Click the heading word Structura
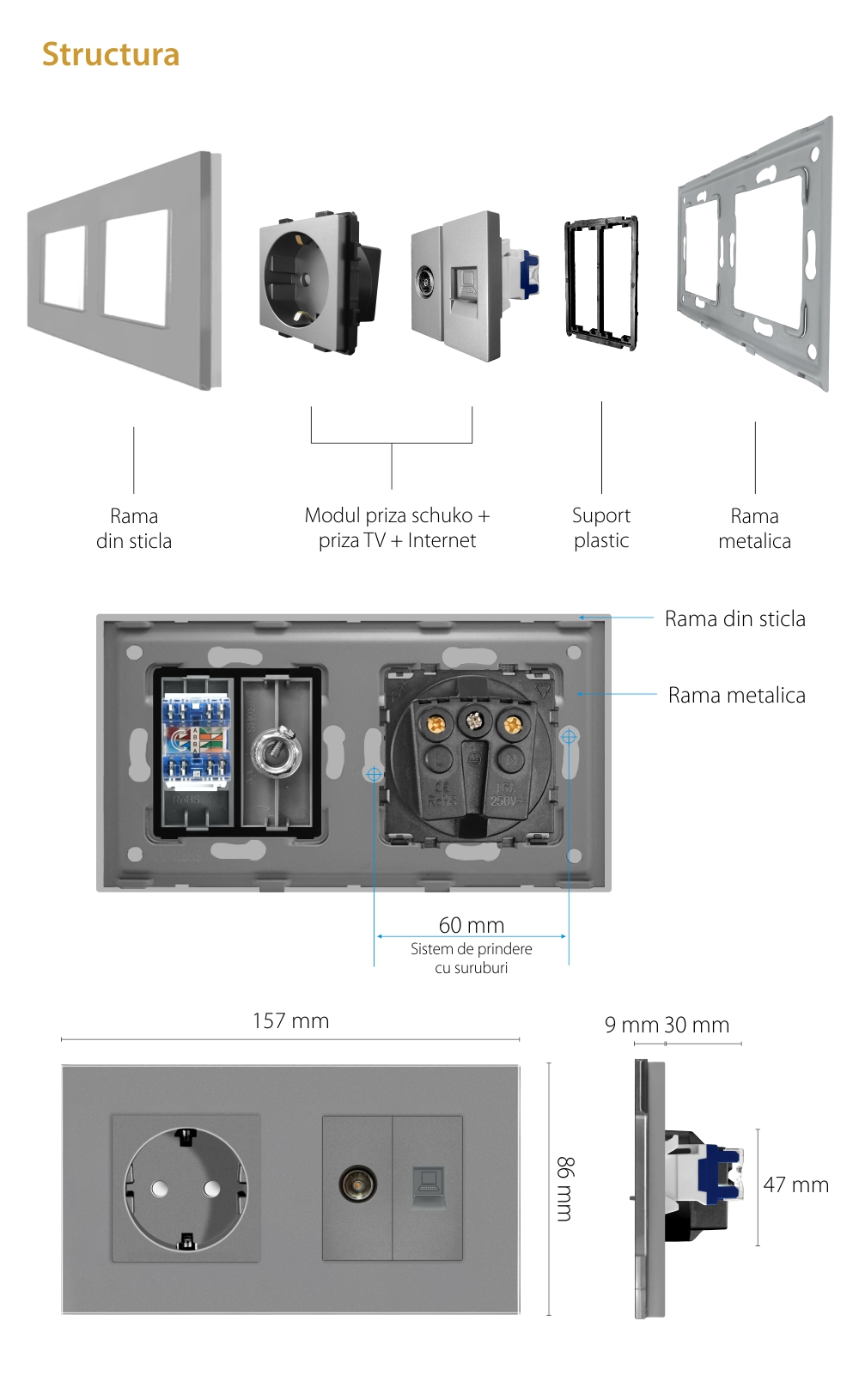111,55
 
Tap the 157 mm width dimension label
290,1021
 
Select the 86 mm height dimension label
564,1189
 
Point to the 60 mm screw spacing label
471,925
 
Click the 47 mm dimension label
795,1185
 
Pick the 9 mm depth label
631,1026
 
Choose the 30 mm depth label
697,1026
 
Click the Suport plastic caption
601,528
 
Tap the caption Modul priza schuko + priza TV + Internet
397,528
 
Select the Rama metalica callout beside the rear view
736,696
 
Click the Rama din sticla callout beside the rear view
734,619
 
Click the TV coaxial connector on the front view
356,1184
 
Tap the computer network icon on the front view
427,1185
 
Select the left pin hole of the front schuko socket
160,1189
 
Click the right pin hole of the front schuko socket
211,1189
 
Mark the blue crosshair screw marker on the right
568,737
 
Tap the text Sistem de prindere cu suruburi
471,959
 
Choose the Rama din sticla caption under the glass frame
134,528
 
